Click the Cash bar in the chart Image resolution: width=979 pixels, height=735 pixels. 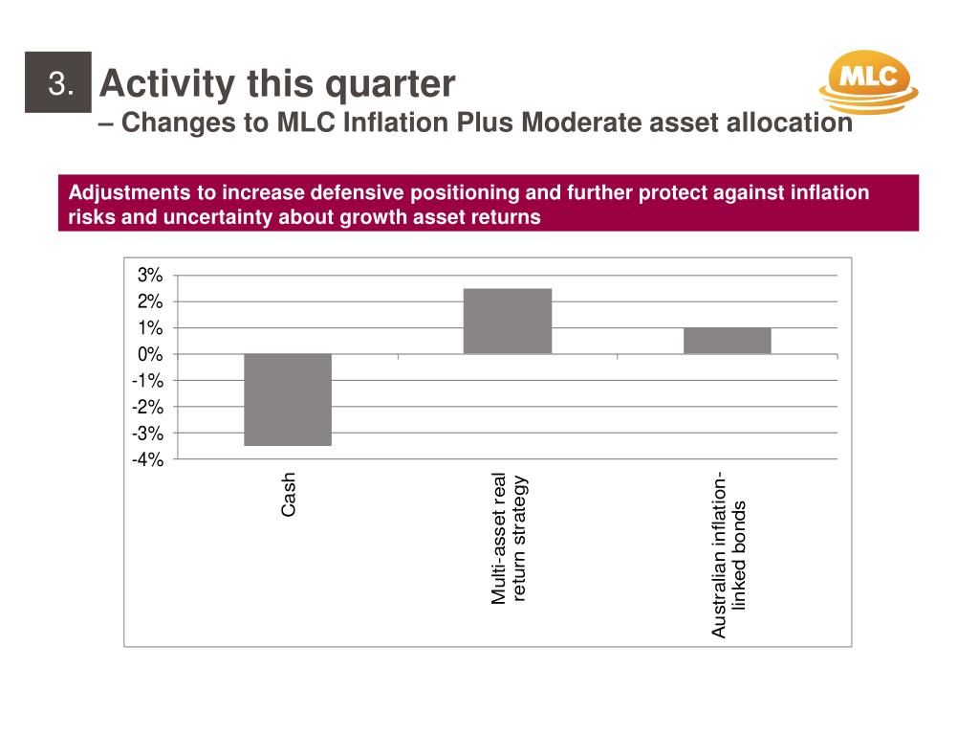(288, 400)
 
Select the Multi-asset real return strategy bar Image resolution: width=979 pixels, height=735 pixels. (508, 322)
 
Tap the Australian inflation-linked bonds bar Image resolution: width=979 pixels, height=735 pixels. (727, 341)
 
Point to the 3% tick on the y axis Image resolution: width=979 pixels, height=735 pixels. (151, 276)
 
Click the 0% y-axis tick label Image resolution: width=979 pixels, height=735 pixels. (151, 355)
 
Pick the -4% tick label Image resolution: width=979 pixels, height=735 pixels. (148, 460)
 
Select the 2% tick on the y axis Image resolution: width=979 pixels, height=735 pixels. (151, 302)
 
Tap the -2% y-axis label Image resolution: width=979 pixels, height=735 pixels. (148, 408)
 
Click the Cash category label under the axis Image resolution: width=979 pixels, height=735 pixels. (289, 495)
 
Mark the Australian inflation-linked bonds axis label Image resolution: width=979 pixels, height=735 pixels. (729, 555)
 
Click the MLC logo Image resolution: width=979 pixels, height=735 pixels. (868, 81)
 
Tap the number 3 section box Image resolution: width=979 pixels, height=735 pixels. (59, 84)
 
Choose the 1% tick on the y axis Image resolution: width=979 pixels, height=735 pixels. (151, 328)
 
